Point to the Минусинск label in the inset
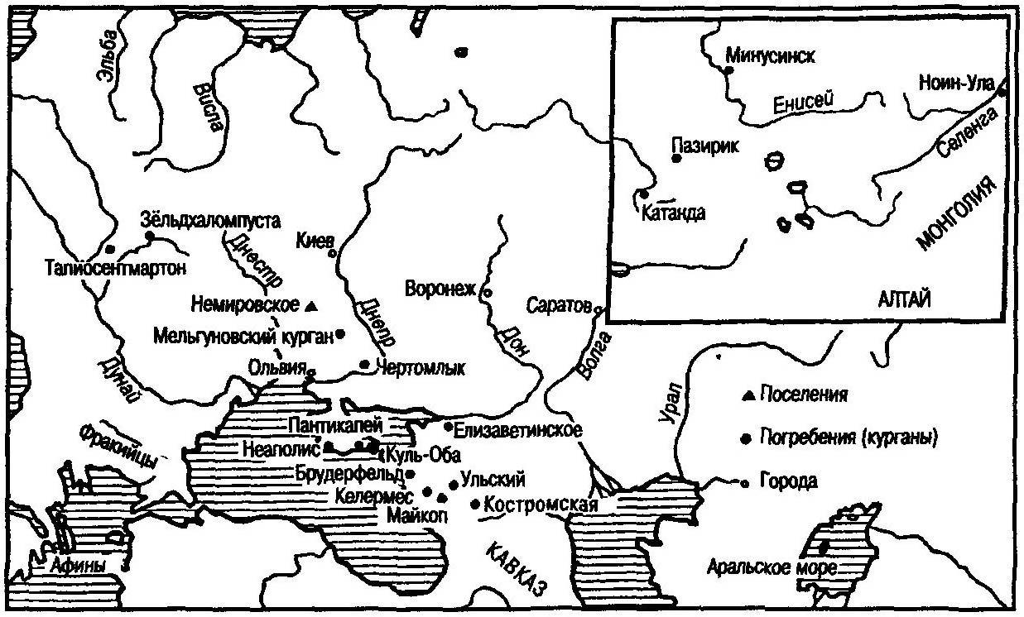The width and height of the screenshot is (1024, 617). pyautogui.click(x=770, y=56)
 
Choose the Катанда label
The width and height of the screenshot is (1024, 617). pyautogui.click(x=673, y=212)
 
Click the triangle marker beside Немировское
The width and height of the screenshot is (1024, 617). pyautogui.click(x=310, y=306)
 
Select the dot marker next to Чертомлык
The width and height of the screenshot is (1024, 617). pyautogui.click(x=364, y=364)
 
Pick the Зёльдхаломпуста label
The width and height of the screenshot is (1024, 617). pyautogui.click(x=211, y=221)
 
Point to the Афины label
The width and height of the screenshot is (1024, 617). pyautogui.click(x=77, y=567)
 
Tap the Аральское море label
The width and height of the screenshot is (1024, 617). pyautogui.click(x=772, y=568)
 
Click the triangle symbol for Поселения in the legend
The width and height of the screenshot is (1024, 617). pyautogui.click(x=747, y=395)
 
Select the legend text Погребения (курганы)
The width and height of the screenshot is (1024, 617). pyautogui.click(x=849, y=438)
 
